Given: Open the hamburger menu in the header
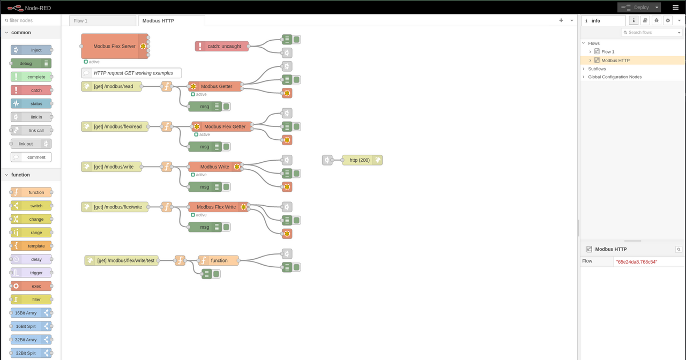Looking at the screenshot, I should [x=675, y=7].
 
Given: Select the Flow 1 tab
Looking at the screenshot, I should [x=102, y=21].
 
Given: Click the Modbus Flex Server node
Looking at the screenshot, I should [x=115, y=46].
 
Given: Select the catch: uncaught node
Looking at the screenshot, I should [x=222, y=46].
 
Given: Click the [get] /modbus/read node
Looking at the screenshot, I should [x=112, y=86].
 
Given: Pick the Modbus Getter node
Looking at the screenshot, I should [x=216, y=86].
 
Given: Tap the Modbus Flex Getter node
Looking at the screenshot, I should [x=224, y=126].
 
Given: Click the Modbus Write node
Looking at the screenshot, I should [x=214, y=167].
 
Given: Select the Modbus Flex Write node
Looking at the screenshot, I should [x=216, y=207].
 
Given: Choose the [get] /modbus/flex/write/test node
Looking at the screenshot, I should [x=125, y=260].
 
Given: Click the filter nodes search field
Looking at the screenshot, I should [x=32, y=20].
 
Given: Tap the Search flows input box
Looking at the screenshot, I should [x=650, y=33].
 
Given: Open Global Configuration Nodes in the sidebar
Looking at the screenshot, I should [x=614, y=77].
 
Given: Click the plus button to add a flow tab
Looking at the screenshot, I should [x=561, y=20].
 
